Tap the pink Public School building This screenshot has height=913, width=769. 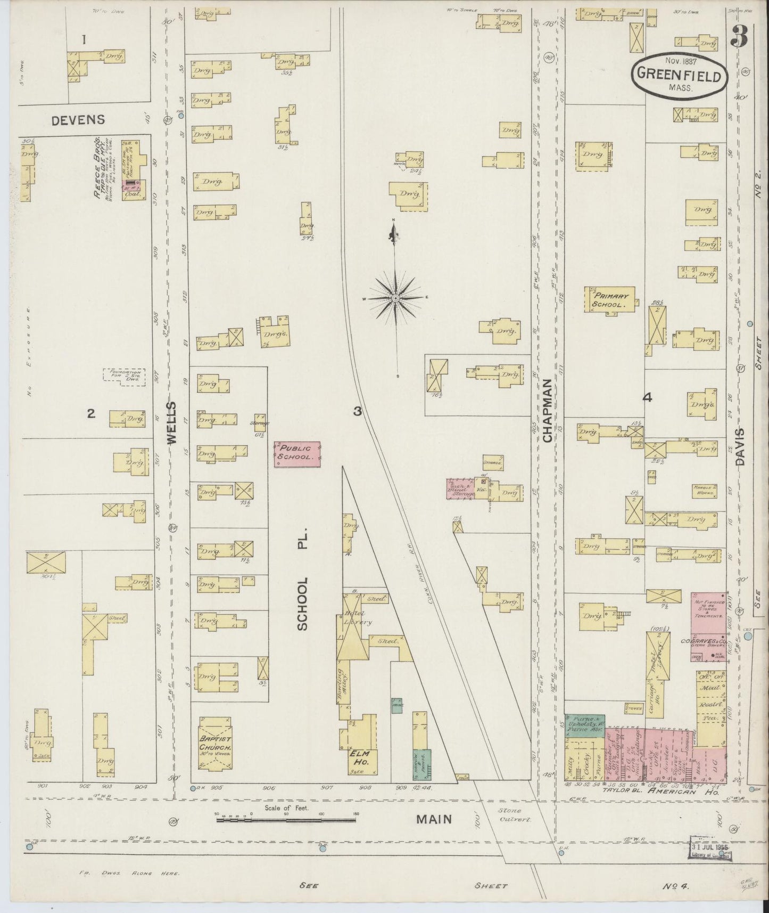pos(297,454)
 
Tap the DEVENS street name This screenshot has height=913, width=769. pos(78,120)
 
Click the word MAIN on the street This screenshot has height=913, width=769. pos(434,818)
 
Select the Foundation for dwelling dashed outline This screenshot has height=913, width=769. pos(124,374)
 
